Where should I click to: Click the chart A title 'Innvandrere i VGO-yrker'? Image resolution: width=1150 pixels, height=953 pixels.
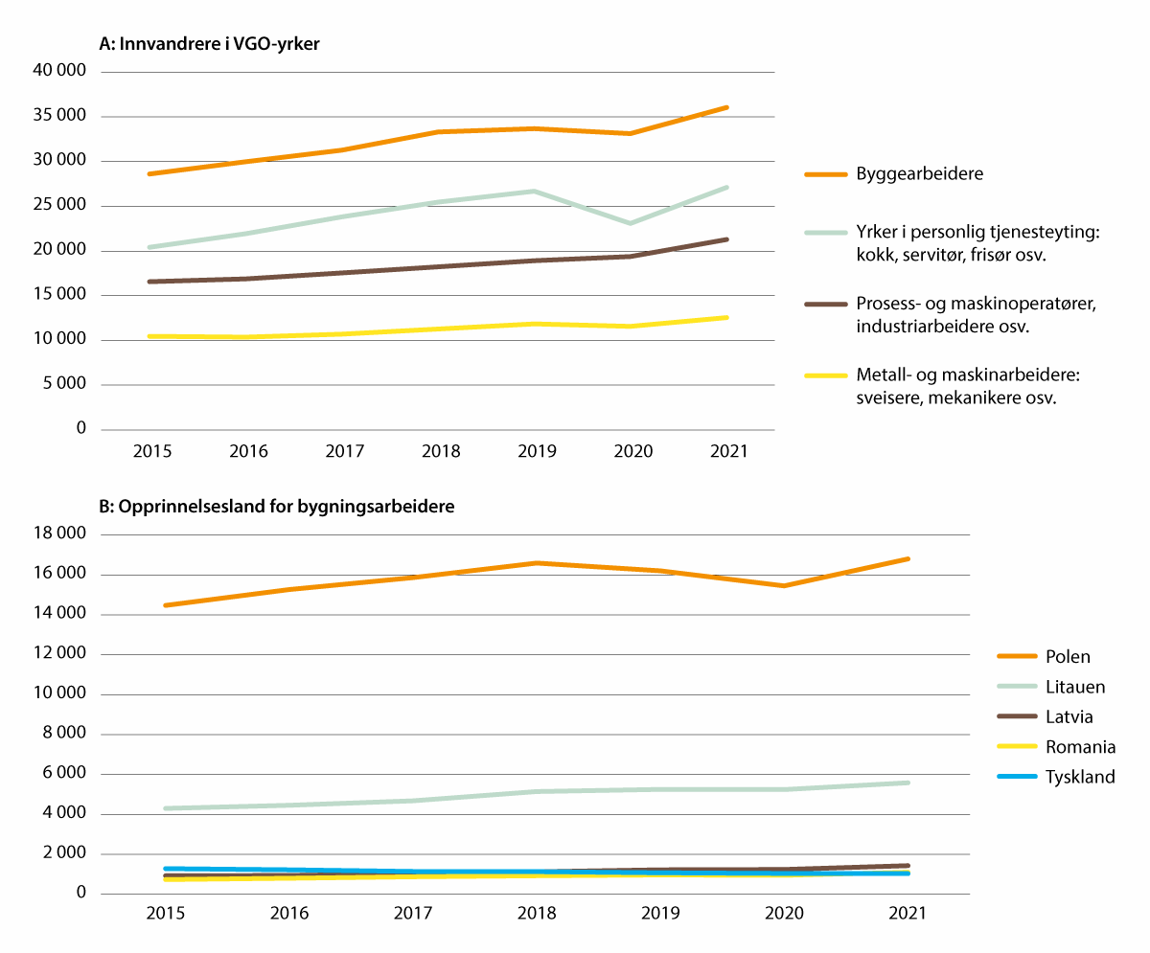[209, 43]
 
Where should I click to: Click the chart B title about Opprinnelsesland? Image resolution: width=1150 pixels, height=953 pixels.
[277, 508]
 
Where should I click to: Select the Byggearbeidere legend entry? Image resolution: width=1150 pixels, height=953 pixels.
[919, 174]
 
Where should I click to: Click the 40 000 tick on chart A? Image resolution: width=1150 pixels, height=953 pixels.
[61, 72]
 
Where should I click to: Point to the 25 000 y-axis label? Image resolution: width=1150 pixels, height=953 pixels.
[61, 206]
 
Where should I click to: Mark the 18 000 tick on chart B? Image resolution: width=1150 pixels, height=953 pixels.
[61, 534]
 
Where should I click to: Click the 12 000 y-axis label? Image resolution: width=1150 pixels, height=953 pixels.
[61, 654]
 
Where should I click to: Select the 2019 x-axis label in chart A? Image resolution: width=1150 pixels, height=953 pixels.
[536, 450]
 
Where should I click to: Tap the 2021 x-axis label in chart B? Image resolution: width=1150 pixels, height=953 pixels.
[907, 915]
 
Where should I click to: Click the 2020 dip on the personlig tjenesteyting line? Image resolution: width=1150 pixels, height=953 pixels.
[630, 223]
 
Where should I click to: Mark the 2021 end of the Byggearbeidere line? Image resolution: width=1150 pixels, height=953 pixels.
[727, 107]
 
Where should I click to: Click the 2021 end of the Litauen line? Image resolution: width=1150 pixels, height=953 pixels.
[908, 783]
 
